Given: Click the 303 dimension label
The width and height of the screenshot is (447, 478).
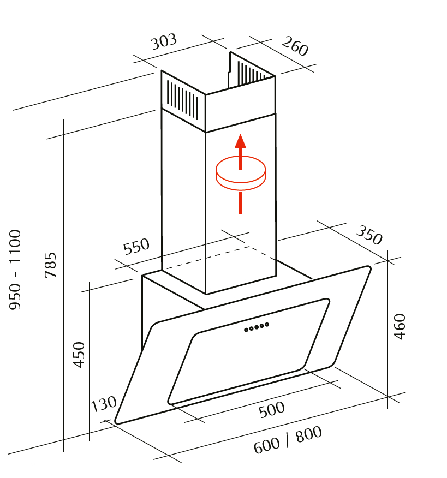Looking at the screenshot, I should pos(164,42).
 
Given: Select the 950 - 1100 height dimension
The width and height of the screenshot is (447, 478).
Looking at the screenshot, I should pos(16,270).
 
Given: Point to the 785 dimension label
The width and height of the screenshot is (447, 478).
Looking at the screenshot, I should pos(51,265).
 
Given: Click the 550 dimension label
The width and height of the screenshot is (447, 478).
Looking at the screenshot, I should pos(136,247).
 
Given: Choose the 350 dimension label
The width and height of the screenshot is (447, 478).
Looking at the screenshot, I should pos(369,235).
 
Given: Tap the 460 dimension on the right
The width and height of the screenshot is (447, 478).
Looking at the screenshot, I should pos(400,326).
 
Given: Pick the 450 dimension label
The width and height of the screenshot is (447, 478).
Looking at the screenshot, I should pos(80,354).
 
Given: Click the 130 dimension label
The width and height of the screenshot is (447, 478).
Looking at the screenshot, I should pos(104,404).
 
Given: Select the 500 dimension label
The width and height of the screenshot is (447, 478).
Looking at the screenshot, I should pos(272,409).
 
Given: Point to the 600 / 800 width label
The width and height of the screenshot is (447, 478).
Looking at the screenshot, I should pos(288,440).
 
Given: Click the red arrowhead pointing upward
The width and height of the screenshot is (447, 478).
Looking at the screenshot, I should pos(240,141).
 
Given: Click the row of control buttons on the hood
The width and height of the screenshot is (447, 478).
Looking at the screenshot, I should pos(257,327).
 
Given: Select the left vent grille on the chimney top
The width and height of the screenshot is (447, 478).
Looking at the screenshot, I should pos(183,100).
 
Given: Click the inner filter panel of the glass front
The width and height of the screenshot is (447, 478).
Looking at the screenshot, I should pos(248,355).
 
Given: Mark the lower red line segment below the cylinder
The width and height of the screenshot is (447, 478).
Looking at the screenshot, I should pos(240,202).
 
